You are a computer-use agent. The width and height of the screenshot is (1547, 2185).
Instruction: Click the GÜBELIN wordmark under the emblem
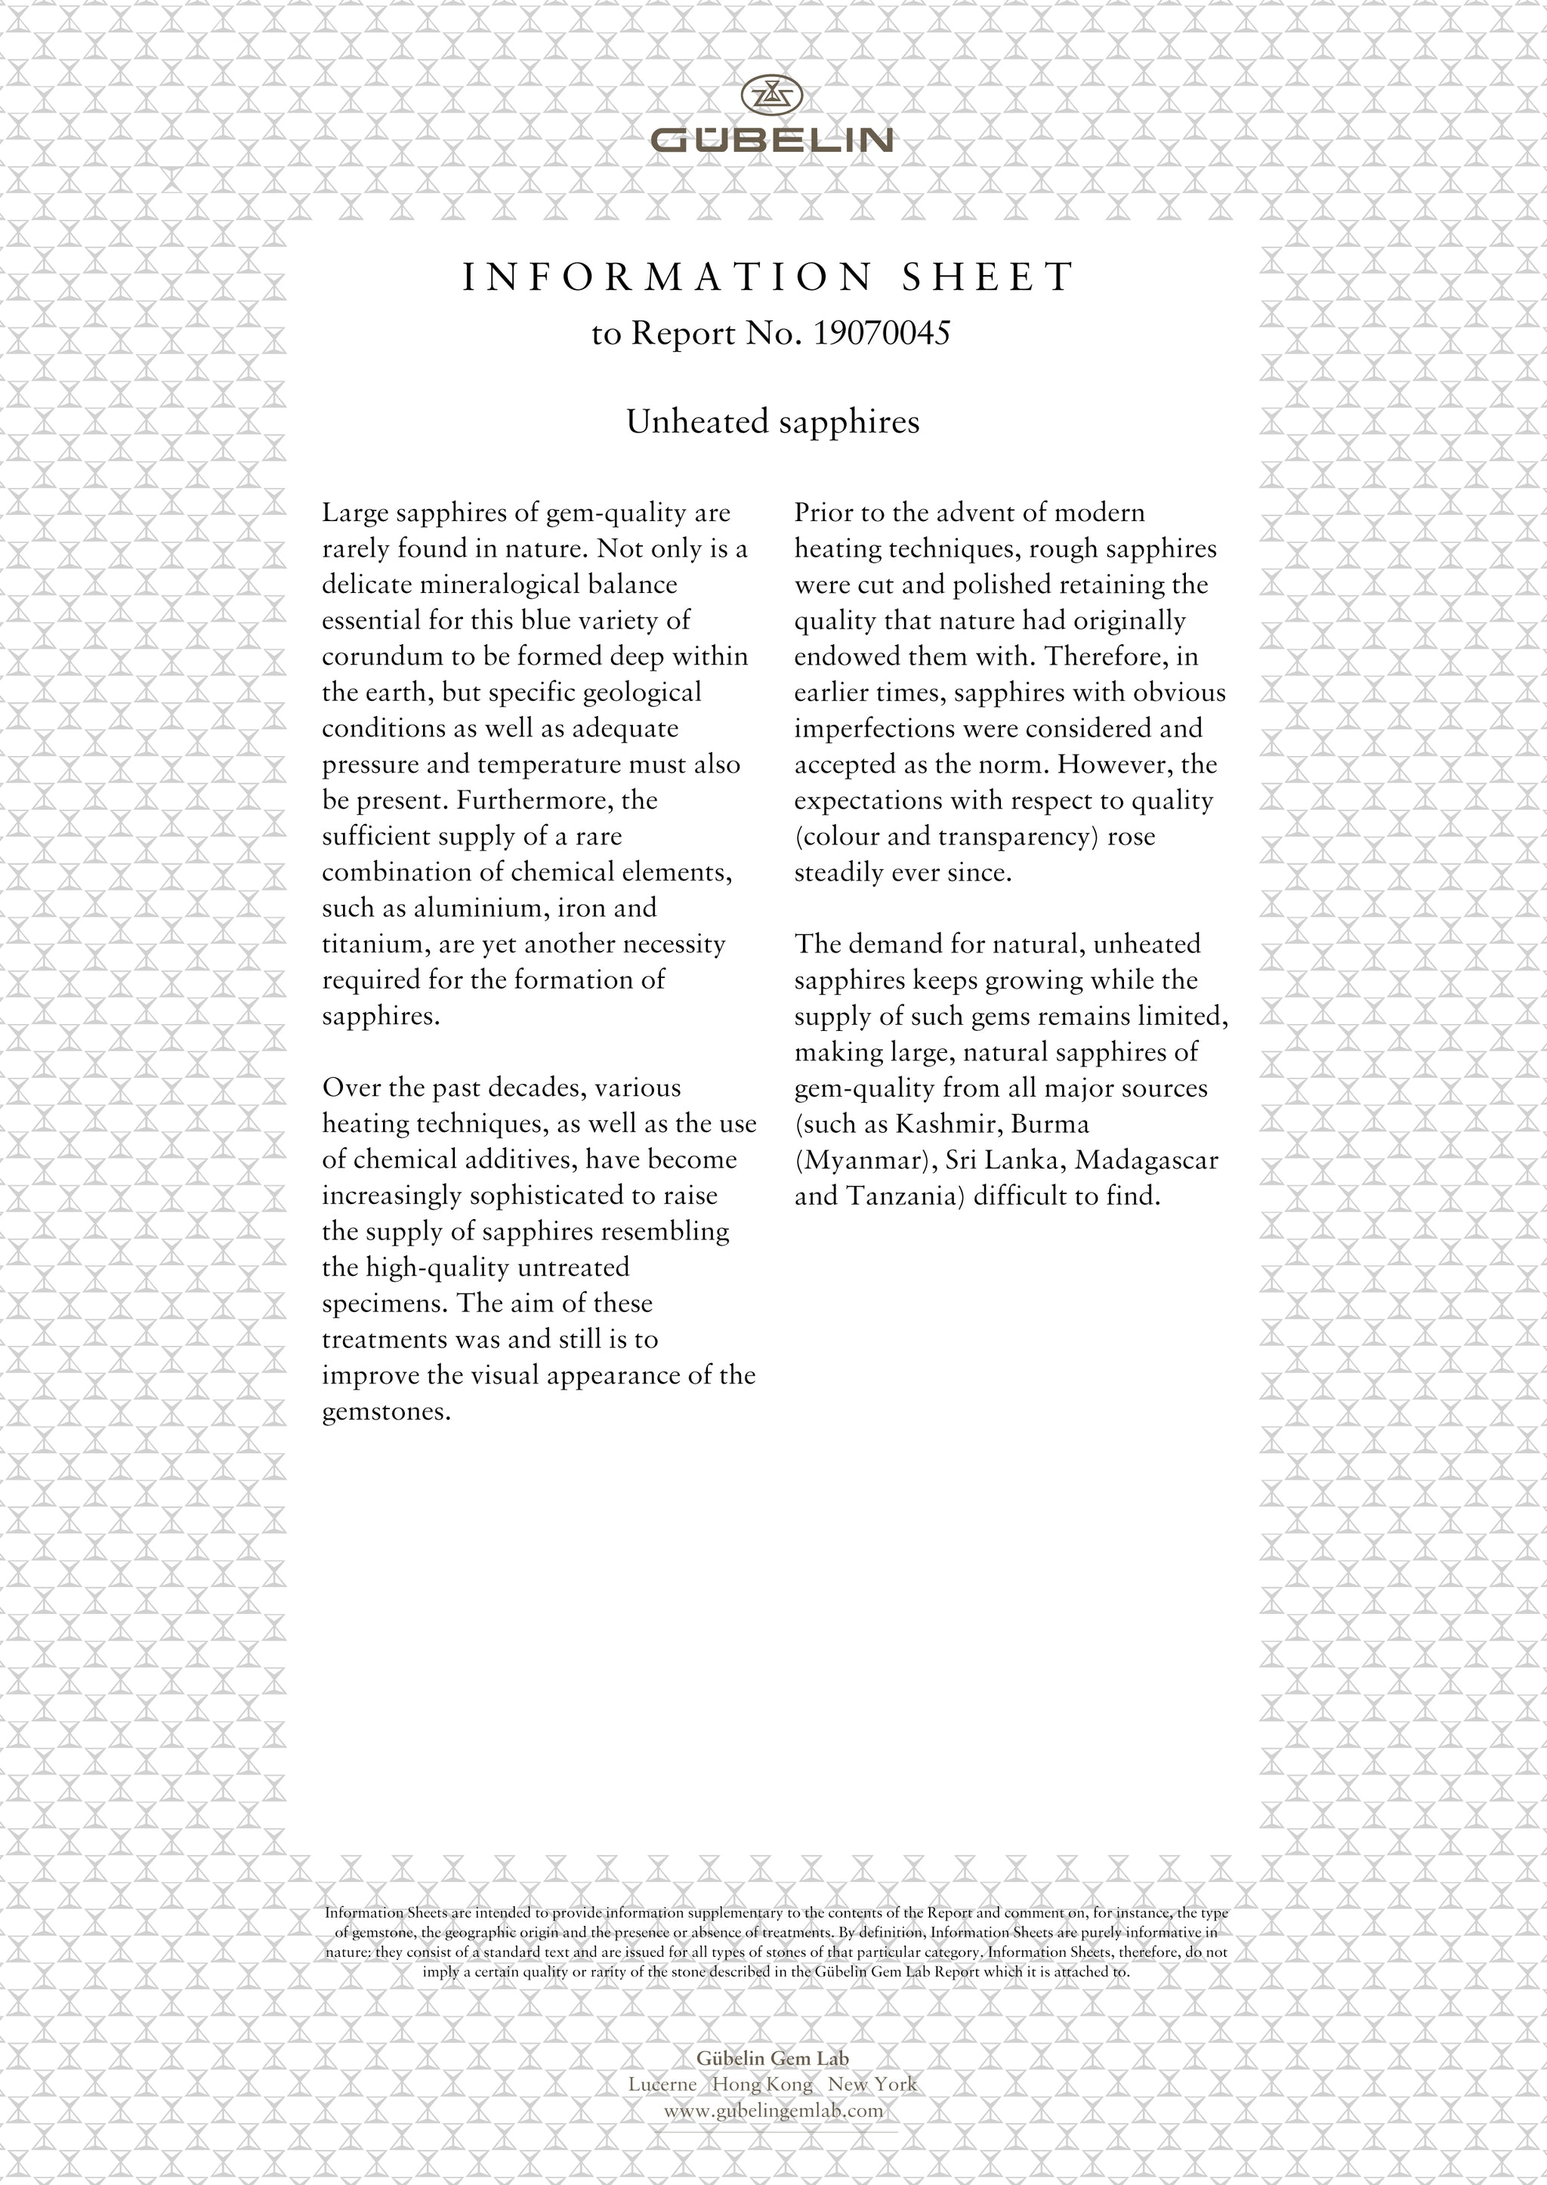tap(771, 141)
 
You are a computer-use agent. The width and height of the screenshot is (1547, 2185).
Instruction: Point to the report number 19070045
tap(882, 333)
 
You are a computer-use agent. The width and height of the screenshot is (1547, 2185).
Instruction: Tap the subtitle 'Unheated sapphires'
tap(773, 422)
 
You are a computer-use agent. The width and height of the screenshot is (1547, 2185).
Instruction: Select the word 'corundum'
tap(373, 656)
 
